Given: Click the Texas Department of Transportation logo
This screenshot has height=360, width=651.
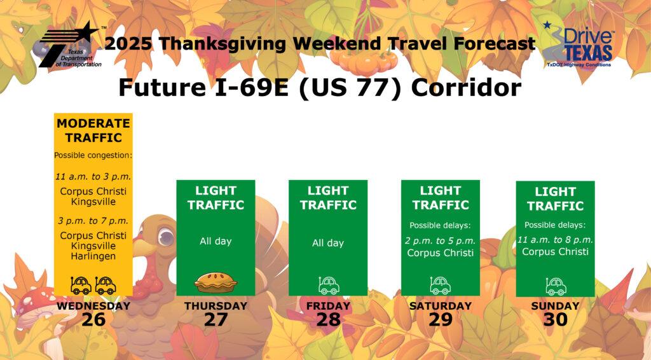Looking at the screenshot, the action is pos(71,45).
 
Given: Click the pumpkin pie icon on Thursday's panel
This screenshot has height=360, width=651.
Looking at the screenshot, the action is pos(216,282).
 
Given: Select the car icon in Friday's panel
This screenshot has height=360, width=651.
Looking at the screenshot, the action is pos(329,285).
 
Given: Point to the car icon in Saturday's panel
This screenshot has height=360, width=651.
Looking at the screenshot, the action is pos(440,285).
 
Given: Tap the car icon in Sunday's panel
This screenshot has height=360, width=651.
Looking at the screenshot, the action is pos(556,286).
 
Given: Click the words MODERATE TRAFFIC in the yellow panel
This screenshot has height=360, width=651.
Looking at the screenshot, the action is pos(93,130).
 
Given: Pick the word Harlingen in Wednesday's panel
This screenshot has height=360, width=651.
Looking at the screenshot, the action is pos(93,256).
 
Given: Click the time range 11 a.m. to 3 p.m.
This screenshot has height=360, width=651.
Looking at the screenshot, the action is pos(93,176).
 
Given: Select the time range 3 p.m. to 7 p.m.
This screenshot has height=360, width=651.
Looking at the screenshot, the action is pos(93,221).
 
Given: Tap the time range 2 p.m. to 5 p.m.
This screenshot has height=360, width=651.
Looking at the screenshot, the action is pos(441,241).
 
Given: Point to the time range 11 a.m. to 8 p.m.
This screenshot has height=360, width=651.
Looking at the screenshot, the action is pos(555,240).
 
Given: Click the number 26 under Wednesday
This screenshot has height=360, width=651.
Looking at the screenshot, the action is pos(93,320).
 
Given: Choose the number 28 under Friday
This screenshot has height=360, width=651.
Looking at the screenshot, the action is pos(329,320).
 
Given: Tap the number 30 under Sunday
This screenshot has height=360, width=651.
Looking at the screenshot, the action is pos(556,320).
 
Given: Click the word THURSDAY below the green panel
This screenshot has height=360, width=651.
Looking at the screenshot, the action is pos(216,306).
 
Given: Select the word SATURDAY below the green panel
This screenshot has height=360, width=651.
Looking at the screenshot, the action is pos(441,306).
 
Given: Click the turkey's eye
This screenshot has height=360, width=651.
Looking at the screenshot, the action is pos(166,237).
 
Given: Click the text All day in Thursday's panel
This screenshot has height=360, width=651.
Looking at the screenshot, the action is pos(216,241).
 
